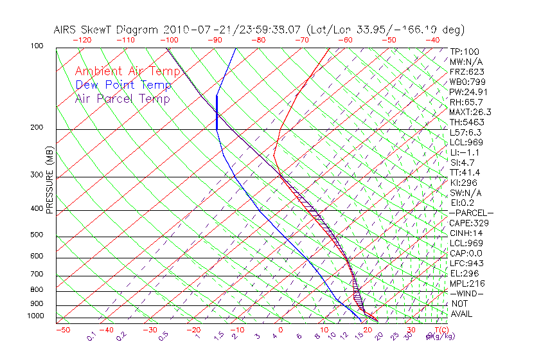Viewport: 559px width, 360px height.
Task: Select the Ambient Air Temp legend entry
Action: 127,71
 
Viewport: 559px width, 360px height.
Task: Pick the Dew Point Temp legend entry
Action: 123,85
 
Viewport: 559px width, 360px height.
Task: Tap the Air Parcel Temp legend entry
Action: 122,98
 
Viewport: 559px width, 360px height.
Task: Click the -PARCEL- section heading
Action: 471,213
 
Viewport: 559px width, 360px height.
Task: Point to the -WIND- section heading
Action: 467,293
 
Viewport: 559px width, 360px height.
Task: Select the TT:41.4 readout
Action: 464,172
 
